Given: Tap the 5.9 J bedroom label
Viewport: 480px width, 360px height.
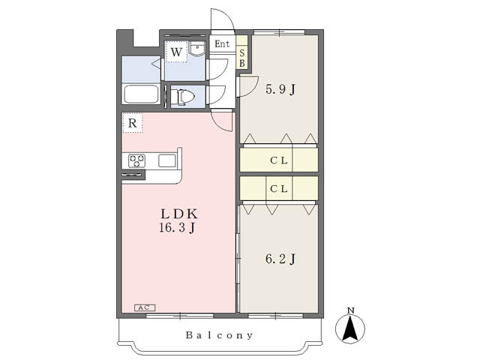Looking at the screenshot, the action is pyautogui.click(x=280, y=90).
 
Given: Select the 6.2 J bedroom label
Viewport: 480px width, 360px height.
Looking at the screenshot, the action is pyautogui.click(x=280, y=259).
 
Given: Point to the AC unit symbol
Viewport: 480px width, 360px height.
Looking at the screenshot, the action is pyautogui.click(x=145, y=307).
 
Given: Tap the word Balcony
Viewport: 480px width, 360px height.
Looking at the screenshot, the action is pyautogui.click(x=220, y=335).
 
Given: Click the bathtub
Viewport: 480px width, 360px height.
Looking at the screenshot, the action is pyautogui.click(x=141, y=94).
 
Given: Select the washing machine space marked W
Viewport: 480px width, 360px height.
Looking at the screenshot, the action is pyautogui.click(x=176, y=52).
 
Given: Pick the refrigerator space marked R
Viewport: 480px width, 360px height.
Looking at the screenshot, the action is pyautogui.click(x=133, y=123).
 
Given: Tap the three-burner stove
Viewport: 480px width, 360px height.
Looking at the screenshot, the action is pyautogui.click(x=136, y=161).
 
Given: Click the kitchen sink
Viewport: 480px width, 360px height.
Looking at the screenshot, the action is pyautogui.click(x=167, y=160).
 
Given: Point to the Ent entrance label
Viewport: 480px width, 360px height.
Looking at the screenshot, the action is pyautogui.click(x=222, y=44).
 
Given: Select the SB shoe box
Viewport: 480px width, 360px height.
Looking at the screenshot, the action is pyautogui.click(x=241, y=58).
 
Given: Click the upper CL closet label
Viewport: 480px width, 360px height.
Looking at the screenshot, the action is pyautogui.click(x=279, y=160).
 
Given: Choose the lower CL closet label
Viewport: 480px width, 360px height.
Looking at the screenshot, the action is pyautogui.click(x=279, y=188).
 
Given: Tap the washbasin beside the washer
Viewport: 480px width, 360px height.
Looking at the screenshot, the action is pyautogui.click(x=196, y=49).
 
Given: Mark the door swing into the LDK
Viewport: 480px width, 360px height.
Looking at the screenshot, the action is pyautogui.click(x=222, y=122).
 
